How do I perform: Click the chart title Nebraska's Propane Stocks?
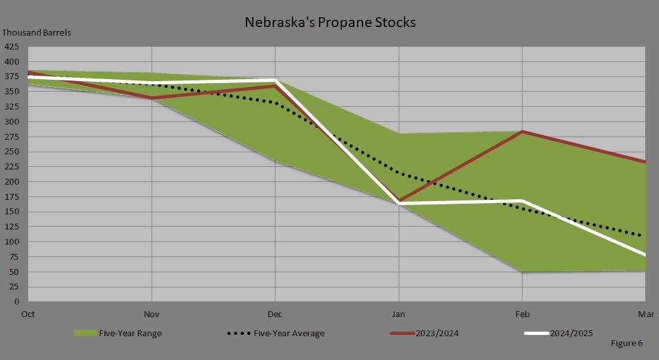(x=330, y=22)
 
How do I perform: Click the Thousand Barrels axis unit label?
(x=37, y=32)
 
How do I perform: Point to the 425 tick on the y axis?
(x=12, y=47)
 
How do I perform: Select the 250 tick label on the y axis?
(x=12, y=152)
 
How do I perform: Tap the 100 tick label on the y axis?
(x=12, y=242)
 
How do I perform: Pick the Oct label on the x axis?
(x=28, y=314)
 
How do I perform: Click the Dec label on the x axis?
(x=275, y=314)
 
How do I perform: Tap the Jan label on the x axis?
(x=398, y=314)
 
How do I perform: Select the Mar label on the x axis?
(x=646, y=314)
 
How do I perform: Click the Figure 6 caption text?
(x=627, y=344)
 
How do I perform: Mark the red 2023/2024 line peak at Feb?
(x=522, y=132)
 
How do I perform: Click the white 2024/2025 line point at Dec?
(x=275, y=80)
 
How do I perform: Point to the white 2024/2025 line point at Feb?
(x=522, y=200)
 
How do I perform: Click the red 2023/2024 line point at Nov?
(x=152, y=98)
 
